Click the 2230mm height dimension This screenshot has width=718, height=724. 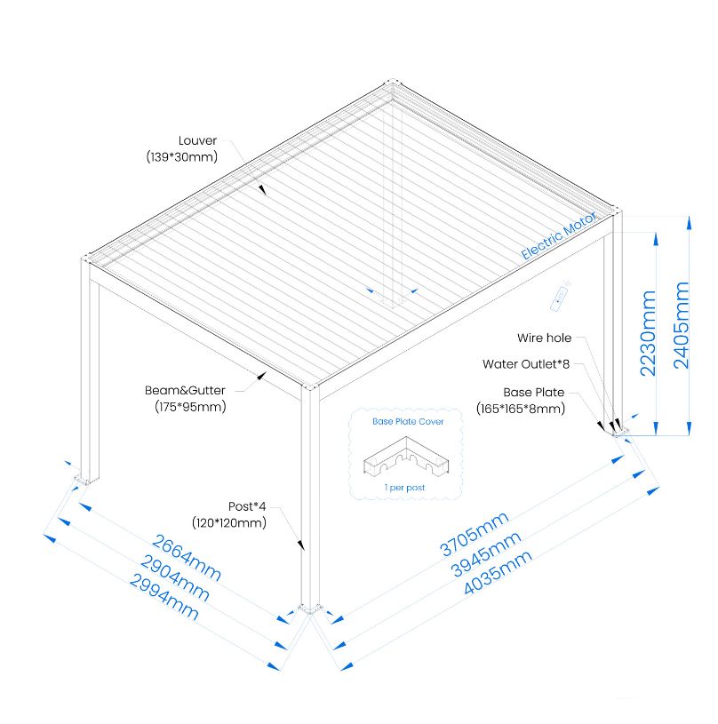click(649, 333)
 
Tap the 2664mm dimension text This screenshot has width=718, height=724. click(187, 556)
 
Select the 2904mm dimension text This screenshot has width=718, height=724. click(176, 577)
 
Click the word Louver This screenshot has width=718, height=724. click(198, 140)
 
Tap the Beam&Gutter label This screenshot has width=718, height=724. click(185, 390)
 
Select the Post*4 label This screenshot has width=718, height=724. click(245, 506)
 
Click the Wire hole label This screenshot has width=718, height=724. click(544, 338)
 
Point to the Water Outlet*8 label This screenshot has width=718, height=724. click(526, 364)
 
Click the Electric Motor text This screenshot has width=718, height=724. click(561, 235)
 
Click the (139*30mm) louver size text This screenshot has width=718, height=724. click(182, 156)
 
